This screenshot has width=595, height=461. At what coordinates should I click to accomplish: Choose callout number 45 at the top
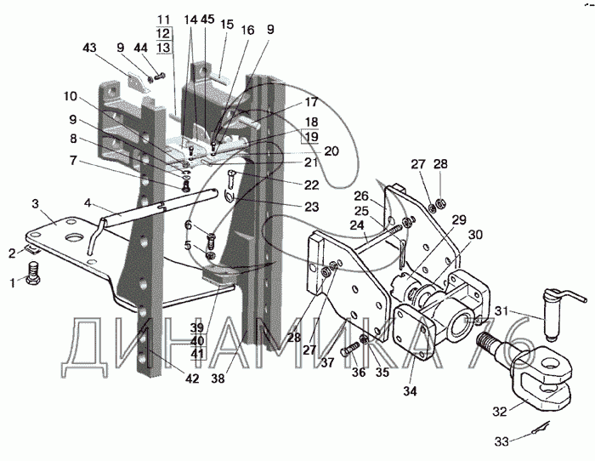coord(208,18)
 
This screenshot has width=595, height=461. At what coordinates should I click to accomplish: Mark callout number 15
coord(227,26)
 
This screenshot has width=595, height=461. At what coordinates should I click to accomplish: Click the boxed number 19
coord(311,135)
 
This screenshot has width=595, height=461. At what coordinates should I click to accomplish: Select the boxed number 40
coord(196,340)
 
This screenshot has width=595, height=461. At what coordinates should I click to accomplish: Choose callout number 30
coord(475,236)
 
